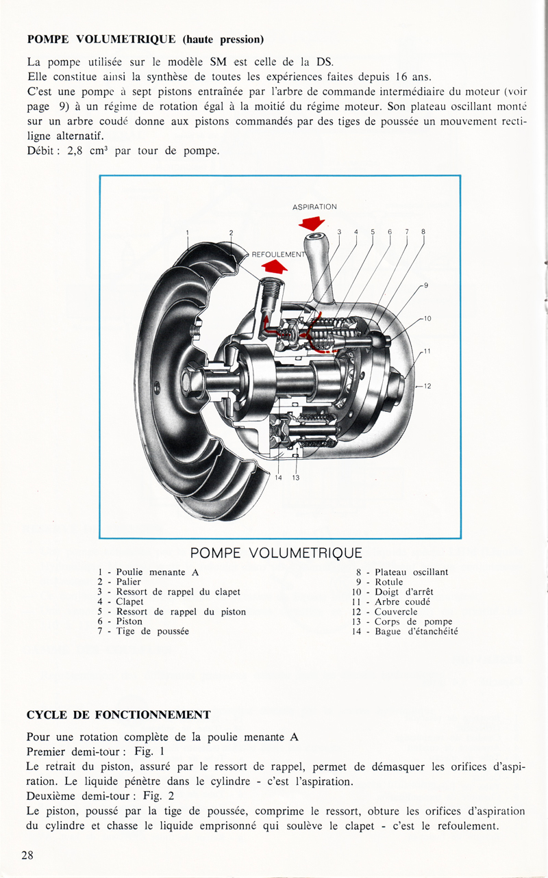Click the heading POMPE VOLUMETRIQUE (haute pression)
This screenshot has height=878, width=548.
click(x=145, y=38)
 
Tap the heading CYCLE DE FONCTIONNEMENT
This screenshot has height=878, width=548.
click(x=118, y=714)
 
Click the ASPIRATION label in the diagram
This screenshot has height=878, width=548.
click(x=314, y=206)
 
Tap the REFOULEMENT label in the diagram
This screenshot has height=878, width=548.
click(x=277, y=254)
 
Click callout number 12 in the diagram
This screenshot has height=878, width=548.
click(x=427, y=386)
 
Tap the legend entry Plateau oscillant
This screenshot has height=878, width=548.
click(x=411, y=571)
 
